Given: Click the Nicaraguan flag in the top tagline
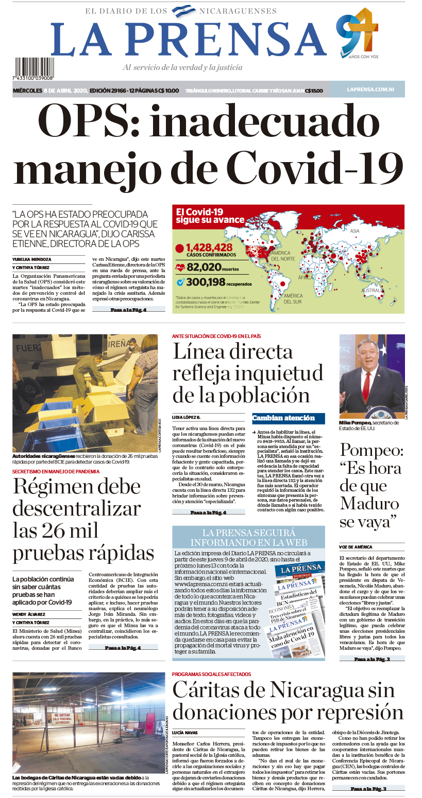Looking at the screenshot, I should click(x=183, y=10).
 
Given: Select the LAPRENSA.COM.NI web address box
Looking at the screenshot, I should click(x=367, y=90).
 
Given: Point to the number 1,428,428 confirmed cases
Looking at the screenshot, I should click(x=209, y=247).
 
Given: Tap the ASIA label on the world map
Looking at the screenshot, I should click(x=355, y=230).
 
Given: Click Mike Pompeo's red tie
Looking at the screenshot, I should click(x=367, y=385).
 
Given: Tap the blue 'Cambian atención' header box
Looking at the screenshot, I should click(x=289, y=418).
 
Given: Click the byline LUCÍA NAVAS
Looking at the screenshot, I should click(x=185, y=732).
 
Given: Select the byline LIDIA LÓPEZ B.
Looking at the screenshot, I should click(x=186, y=417).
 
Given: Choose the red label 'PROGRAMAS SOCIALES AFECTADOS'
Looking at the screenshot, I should click(x=211, y=674).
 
